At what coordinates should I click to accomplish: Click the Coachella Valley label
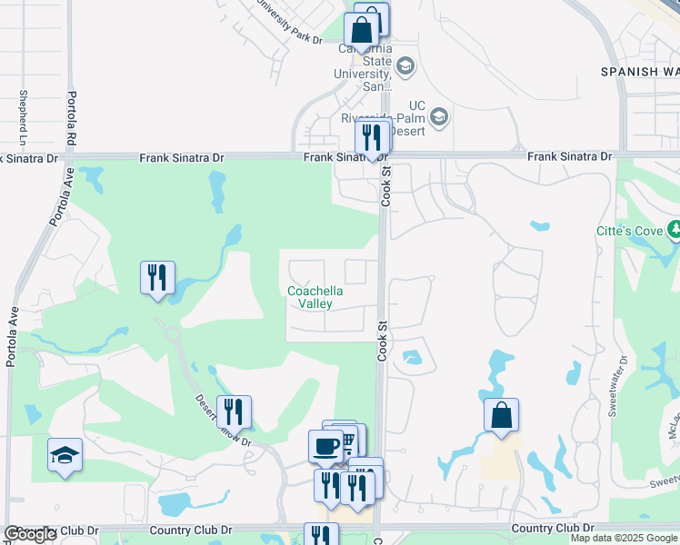(315, 297)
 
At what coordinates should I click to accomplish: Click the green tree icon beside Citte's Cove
(674, 229)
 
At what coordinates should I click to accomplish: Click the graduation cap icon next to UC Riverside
(439, 116)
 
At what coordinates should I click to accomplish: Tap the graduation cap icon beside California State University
(405, 66)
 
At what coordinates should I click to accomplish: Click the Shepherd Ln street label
(22, 117)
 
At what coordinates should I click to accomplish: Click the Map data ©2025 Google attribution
(624, 538)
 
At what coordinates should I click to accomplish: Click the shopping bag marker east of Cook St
(501, 416)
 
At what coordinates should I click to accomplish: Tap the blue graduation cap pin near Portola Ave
(65, 455)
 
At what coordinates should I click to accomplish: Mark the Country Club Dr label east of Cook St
(553, 528)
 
